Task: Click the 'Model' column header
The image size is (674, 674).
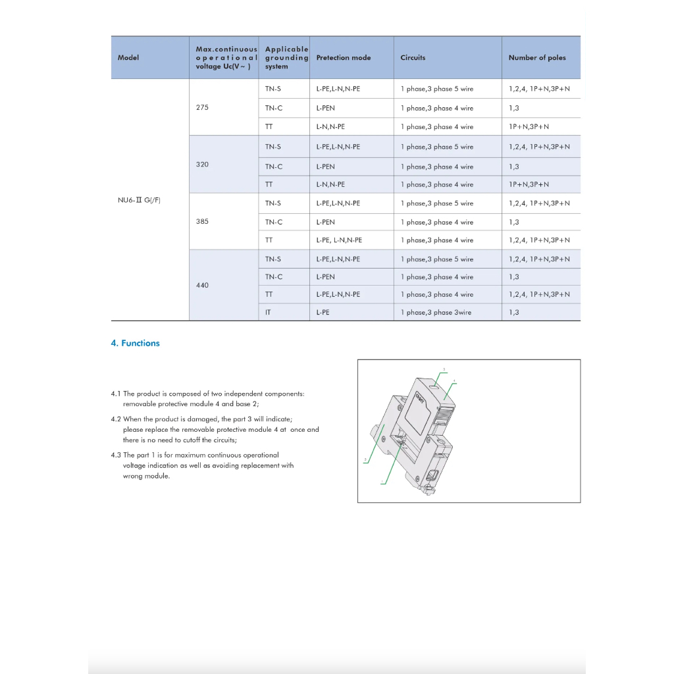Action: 128,58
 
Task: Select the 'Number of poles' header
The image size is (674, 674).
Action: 536,58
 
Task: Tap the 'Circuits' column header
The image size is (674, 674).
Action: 413,58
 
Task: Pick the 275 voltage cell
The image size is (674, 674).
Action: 202,107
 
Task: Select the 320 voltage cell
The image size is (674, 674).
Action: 202,164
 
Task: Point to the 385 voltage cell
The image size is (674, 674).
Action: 202,221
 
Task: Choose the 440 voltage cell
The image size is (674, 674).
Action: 202,285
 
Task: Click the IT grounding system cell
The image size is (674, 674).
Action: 268,313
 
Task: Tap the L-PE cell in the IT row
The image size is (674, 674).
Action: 323,313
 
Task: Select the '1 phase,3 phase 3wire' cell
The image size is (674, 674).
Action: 436,313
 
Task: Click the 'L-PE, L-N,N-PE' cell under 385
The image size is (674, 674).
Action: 339,240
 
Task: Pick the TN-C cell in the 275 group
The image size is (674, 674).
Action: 274,108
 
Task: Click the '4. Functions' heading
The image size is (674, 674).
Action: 135,343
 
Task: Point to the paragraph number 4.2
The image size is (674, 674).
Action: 116,419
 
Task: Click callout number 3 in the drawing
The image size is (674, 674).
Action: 444,369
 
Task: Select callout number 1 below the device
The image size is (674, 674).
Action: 381,482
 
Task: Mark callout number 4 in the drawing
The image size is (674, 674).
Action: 455,380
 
